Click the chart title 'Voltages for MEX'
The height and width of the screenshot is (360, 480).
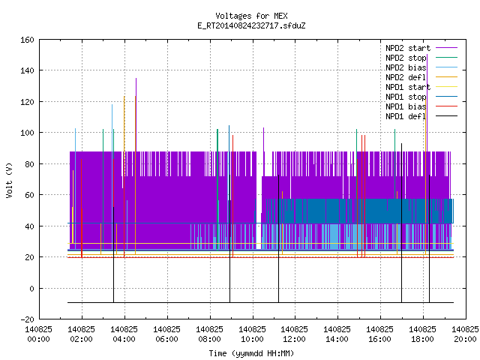pyautogui.click(x=251, y=16)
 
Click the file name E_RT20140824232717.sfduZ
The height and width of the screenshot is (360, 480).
pyautogui.click(x=251, y=25)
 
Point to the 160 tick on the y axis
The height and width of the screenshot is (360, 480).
pyautogui.click(x=27, y=40)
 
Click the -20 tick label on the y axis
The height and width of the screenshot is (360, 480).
pyautogui.click(x=27, y=319)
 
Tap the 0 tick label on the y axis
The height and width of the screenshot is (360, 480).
pyautogui.click(x=31, y=288)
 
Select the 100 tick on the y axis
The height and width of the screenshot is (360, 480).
pyautogui.click(x=27, y=133)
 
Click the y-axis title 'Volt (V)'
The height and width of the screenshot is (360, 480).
pyautogui.click(x=10, y=180)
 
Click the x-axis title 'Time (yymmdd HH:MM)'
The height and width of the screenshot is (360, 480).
pyautogui.click(x=251, y=353)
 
